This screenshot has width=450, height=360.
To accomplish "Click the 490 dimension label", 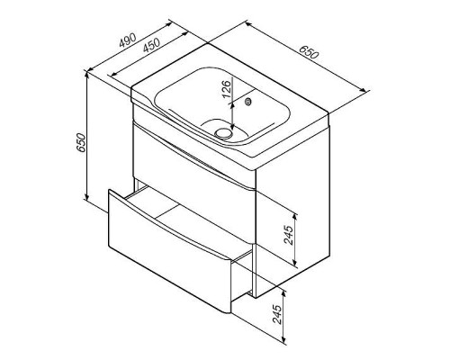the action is [x=128, y=40].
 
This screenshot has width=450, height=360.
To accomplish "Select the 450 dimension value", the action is [x=151, y=46].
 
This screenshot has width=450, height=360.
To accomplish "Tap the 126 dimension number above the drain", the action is [x=227, y=89].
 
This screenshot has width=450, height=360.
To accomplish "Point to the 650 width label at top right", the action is [x=309, y=52].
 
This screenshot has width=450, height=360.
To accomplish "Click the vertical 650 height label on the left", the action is [x=81, y=143].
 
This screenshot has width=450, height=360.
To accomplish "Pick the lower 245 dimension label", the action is [x=277, y=314].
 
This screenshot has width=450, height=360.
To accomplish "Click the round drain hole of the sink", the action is [x=223, y=132].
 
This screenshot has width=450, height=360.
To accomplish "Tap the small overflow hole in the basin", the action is [x=247, y=102].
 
